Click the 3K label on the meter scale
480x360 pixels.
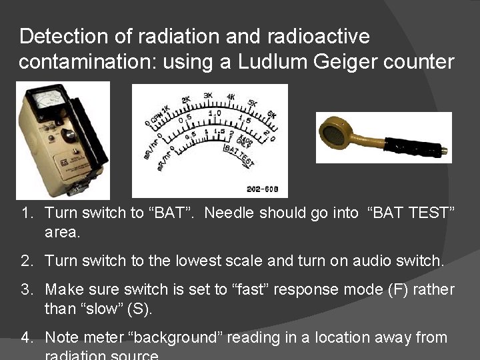click(x=208, y=95)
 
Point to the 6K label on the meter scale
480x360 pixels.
click(x=271, y=115)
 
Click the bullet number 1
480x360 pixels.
click(x=27, y=213)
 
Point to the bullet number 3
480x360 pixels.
click(x=27, y=290)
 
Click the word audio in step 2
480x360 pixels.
click(x=364, y=261)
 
